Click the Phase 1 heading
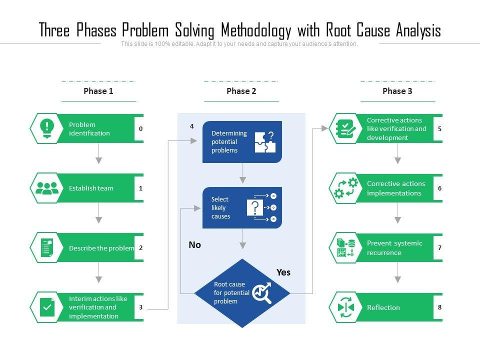pyautogui.click(x=98, y=91)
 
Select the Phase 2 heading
pyautogui.click(x=241, y=91)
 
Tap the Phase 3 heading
pyautogui.click(x=397, y=91)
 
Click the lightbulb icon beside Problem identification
pyautogui.click(x=47, y=128)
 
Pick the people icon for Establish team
pyautogui.click(x=47, y=188)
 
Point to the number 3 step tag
pyautogui.click(x=140, y=307)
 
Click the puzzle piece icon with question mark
pyautogui.click(x=265, y=142)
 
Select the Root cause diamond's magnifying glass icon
pyautogui.click(x=261, y=293)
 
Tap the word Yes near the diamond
pyautogui.click(x=283, y=272)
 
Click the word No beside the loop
pyautogui.click(x=194, y=245)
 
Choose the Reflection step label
pyautogui.click(x=383, y=307)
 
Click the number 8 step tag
pyautogui.click(x=439, y=307)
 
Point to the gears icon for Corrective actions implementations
pyautogui.click(x=346, y=188)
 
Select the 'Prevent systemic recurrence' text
pyautogui.click(x=394, y=247)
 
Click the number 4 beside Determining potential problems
pyautogui.click(x=191, y=126)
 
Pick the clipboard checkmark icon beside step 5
pyautogui.click(x=346, y=128)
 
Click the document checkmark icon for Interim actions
pyautogui.click(x=47, y=307)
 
